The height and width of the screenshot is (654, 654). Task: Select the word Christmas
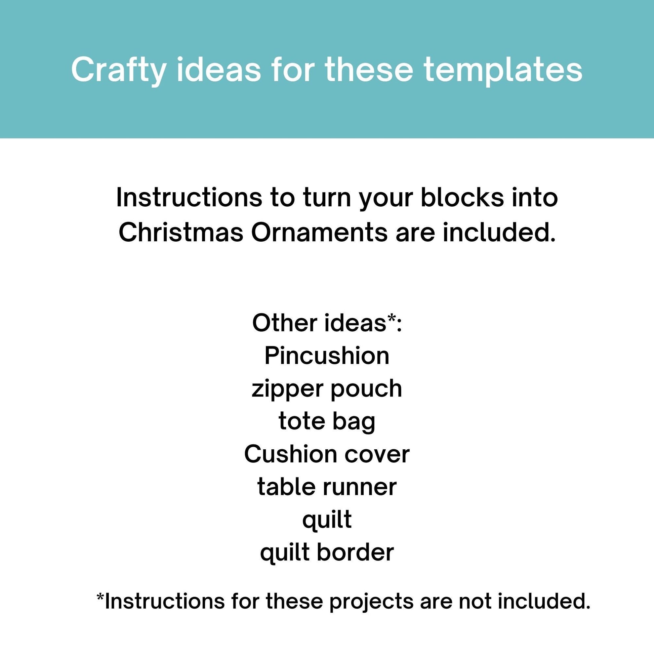point(181,233)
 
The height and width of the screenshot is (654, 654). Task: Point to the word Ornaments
point(319,233)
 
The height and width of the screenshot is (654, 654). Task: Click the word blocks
point(462,197)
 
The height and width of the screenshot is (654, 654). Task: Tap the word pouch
point(366,389)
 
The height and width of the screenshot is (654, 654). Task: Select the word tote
point(301,421)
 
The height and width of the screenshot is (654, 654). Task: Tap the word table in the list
point(286,487)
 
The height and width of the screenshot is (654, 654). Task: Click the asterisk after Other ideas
point(391,318)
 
